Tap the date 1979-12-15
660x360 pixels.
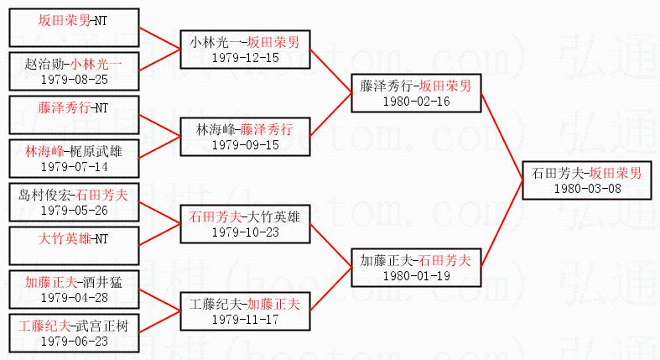point(244,57)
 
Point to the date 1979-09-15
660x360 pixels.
point(244,144)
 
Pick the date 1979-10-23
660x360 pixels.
point(244,232)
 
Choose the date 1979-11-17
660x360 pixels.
point(244,319)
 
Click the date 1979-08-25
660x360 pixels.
point(73,79)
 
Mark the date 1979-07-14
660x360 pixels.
point(73,166)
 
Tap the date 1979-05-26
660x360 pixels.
point(73,210)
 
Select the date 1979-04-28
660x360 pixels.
point(73,297)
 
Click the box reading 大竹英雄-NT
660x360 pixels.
point(73,239)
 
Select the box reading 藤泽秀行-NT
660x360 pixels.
point(73,108)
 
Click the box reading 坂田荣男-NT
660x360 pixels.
point(73,22)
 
